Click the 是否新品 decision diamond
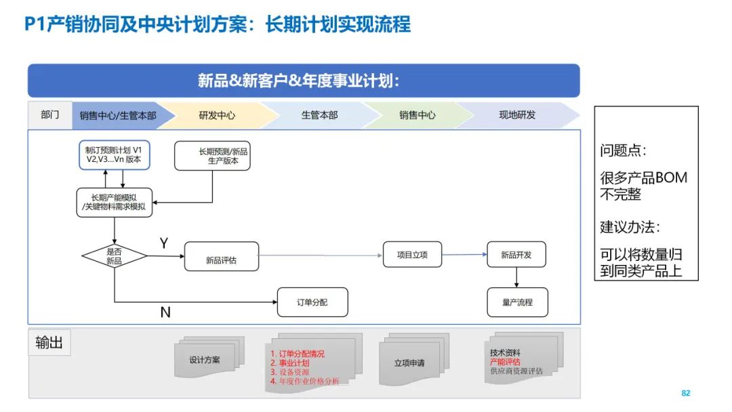[114, 256]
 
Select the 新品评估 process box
[222, 257]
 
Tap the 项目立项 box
[412, 255]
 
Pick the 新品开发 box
[516, 255]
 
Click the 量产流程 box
[517, 302]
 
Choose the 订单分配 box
[312, 302]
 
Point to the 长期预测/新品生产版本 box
[212, 156]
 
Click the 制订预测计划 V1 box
[114, 154]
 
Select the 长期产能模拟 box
[114, 202]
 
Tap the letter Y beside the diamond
[164, 243]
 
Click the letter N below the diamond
[165, 312]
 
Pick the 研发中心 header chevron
[217, 115]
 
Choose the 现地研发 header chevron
[517, 115]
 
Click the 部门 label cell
[49, 115]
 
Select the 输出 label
[49, 343]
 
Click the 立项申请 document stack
[409, 363]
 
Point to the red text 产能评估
[505, 362]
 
